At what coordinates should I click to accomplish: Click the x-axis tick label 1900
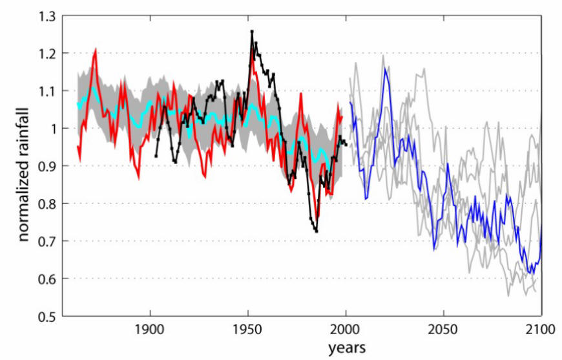pos(151,329)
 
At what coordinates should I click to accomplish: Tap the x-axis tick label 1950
pos(248,329)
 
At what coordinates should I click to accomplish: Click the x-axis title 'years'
pos(347,348)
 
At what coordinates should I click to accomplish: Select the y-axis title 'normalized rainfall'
pos(23,166)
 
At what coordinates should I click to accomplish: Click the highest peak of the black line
pos(252,31)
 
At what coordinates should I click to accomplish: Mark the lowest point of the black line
pos(317,231)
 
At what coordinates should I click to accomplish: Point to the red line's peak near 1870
pos(95,48)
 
